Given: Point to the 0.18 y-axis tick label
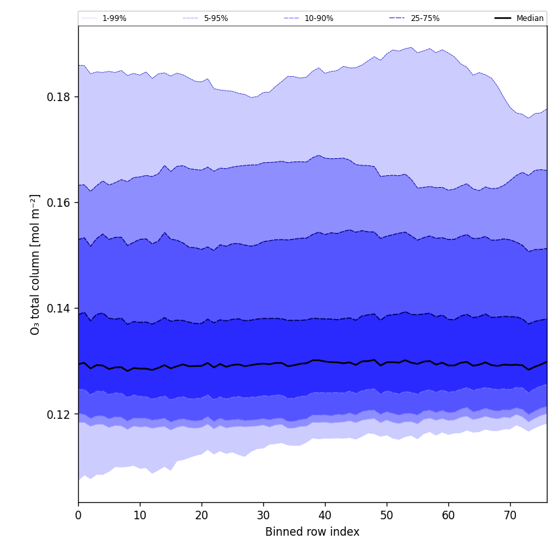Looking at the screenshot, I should pyautogui.click(x=59, y=97).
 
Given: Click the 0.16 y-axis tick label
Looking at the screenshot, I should pyautogui.click(x=59, y=203).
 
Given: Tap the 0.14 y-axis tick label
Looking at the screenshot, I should pyautogui.click(x=59, y=309).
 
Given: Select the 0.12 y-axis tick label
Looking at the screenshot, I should pyautogui.click(x=59, y=415).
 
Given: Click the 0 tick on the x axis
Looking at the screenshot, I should pyautogui.click(x=78, y=515).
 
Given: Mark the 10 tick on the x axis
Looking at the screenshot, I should pyautogui.click(x=140, y=515).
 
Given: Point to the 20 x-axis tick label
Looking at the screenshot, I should pyautogui.click(x=202, y=515).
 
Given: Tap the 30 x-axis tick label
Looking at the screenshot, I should pyautogui.click(x=263, y=515).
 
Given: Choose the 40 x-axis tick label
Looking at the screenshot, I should pyautogui.click(x=325, y=515).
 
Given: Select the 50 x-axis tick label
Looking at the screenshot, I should pyautogui.click(x=387, y=515).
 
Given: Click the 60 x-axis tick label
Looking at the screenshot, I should pyautogui.click(x=448, y=515).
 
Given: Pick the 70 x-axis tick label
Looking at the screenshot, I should pyautogui.click(x=510, y=515).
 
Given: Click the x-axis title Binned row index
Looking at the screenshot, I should pyautogui.click(x=312, y=532).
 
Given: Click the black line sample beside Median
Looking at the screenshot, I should pyautogui.click(x=504, y=18).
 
